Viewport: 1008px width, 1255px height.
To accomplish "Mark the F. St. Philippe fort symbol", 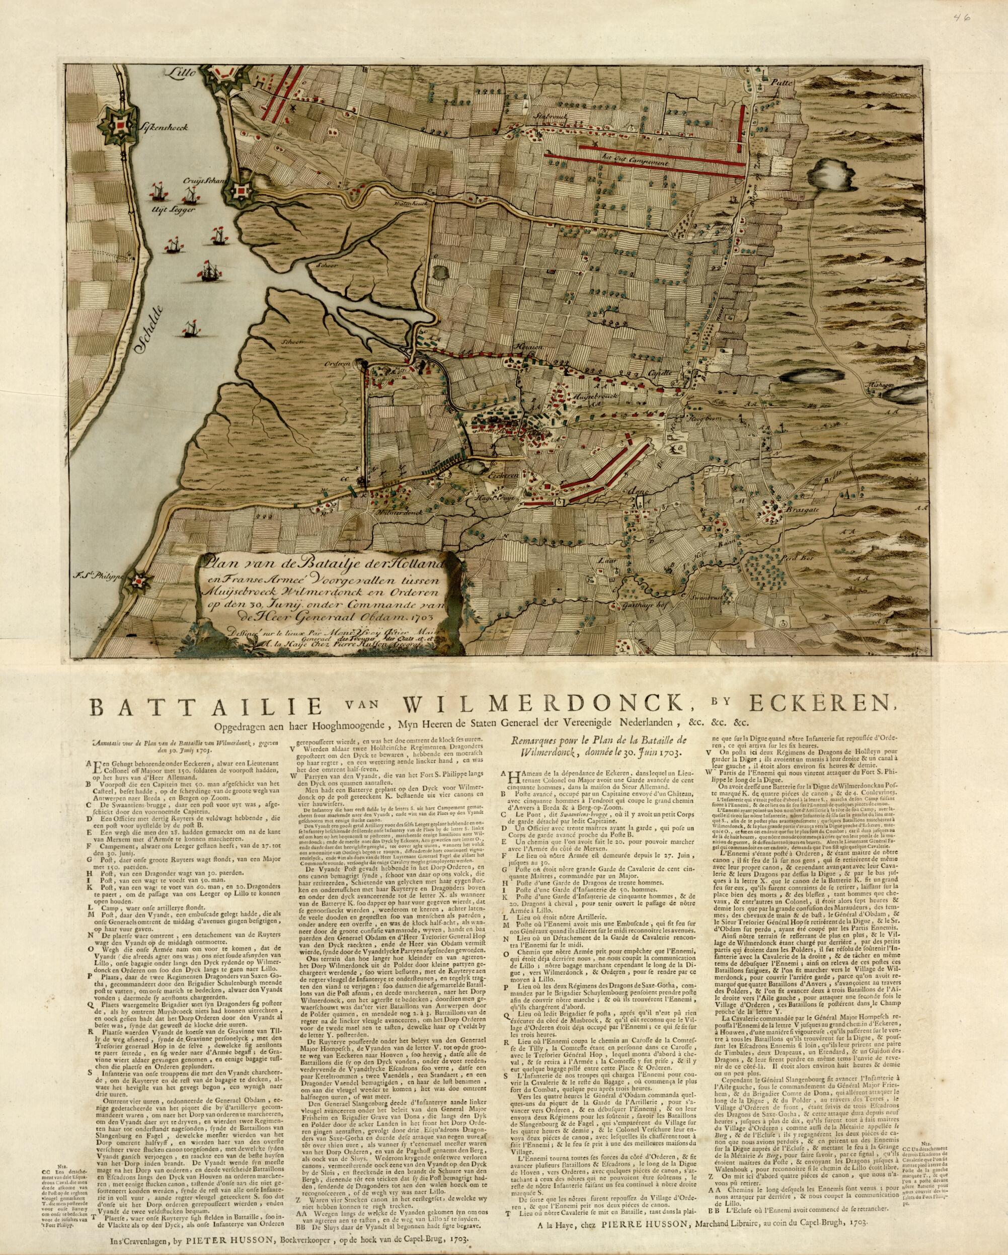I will pos(140,579).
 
